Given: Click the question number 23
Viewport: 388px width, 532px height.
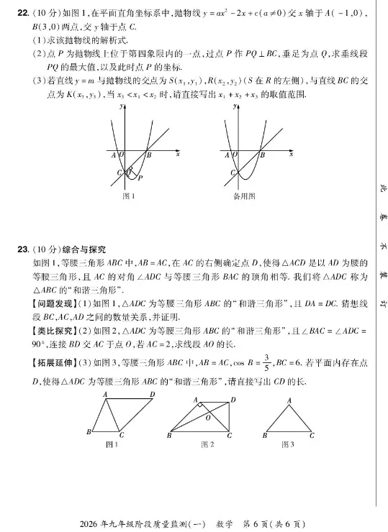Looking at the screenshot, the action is (x=22, y=249).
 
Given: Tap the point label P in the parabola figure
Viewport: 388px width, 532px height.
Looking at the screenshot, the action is (x=140, y=178).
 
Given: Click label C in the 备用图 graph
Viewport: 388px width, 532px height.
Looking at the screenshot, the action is (x=232, y=173).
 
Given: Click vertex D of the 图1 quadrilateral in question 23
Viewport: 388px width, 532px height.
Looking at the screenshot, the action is (x=152, y=394).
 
